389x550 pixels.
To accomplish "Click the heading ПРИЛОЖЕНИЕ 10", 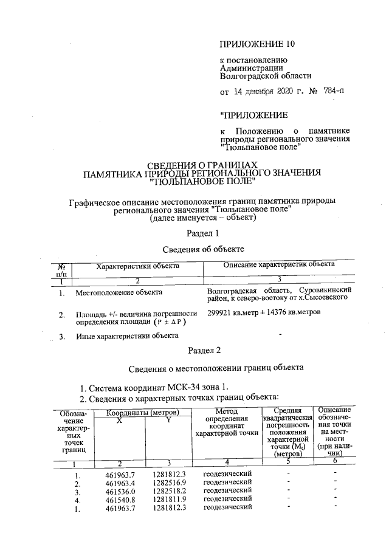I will (x=251, y=44).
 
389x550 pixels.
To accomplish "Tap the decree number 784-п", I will (x=329, y=92).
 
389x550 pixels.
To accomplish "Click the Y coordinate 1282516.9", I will (x=170, y=482).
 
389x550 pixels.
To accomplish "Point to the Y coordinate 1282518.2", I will (x=170, y=490).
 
